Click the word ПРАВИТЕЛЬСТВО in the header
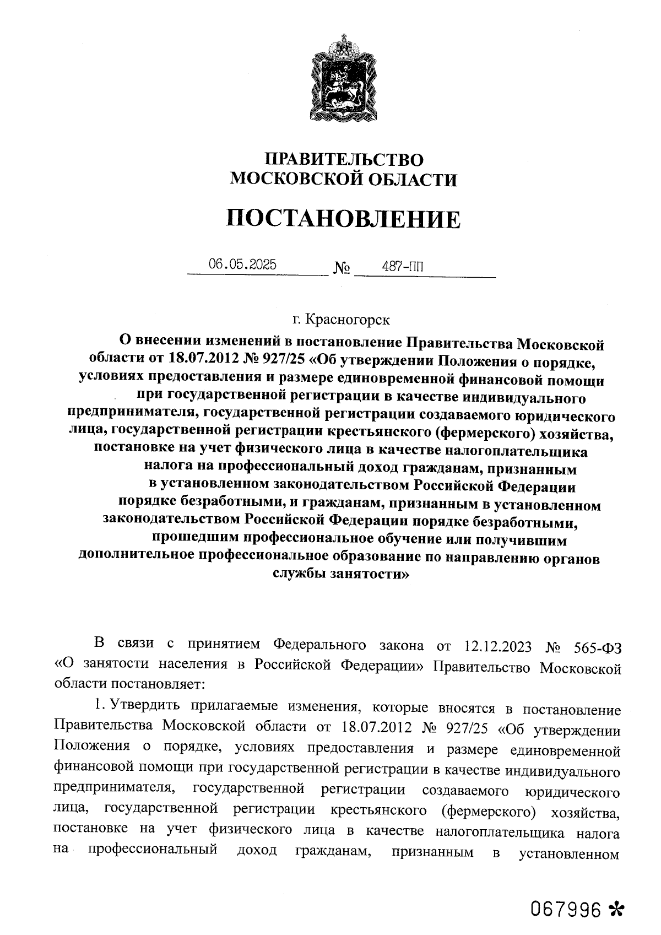click(344, 160)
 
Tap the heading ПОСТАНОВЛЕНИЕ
click(344, 219)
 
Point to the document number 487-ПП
click(403, 267)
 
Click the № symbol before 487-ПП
click(342, 269)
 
